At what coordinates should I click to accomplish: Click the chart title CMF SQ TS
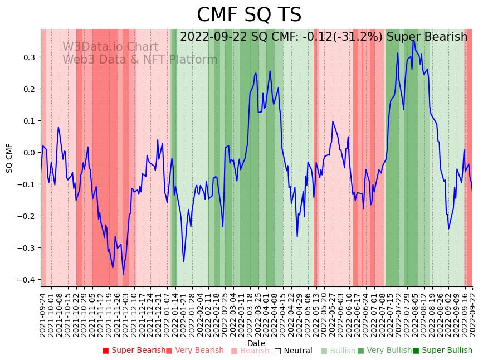[x=249, y=15]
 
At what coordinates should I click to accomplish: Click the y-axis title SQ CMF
[x=9, y=158]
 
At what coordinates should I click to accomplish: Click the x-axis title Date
[x=256, y=343]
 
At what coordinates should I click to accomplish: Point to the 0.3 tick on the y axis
[x=28, y=57]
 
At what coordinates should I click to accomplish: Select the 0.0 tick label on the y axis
[x=28, y=153]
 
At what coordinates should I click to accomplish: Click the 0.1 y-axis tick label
[x=28, y=121]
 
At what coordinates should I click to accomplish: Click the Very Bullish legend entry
[x=385, y=351]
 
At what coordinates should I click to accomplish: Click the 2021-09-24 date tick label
[x=43, y=315]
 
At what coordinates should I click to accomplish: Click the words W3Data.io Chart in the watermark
[x=110, y=47]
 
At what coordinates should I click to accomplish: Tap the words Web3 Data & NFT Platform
[x=140, y=60]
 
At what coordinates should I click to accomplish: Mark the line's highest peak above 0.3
[x=413, y=41]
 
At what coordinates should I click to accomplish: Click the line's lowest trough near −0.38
[x=123, y=274]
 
